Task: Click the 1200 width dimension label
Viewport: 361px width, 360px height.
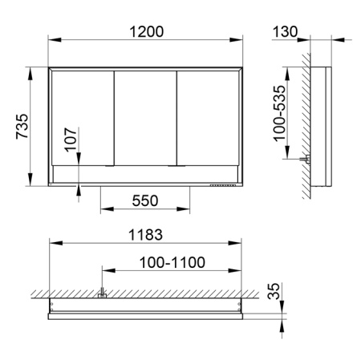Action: click(x=145, y=31)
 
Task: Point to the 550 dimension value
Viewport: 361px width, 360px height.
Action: click(x=144, y=201)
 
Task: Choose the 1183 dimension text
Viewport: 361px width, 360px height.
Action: click(x=145, y=234)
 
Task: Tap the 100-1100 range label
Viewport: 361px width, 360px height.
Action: click(x=172, y=261)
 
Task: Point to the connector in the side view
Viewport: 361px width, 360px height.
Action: click(x=305, y=160)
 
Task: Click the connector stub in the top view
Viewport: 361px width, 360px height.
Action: click(x=102, y=295)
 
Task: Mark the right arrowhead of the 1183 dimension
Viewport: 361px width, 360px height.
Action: click(x=239, y=244)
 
